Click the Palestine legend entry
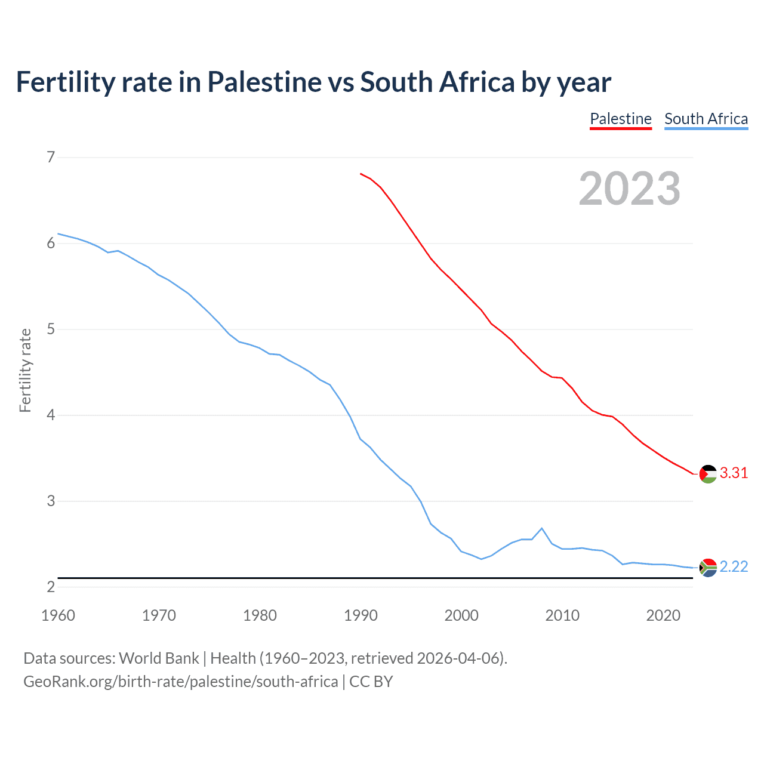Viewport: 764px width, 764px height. point(620,119)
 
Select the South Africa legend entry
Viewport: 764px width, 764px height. point(706,119)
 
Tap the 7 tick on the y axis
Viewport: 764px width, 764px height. point(51,158)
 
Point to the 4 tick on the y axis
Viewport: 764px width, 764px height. point(51,415)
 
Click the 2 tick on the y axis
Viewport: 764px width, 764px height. point(51,587)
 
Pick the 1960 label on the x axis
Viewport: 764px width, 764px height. point(58,615)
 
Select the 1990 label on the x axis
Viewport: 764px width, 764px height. point(361,615)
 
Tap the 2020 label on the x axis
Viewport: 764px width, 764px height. point(663,615)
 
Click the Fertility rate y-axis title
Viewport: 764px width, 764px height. point(25,370)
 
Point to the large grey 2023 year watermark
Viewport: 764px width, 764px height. point(629,189)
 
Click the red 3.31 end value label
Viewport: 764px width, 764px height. point(734,473)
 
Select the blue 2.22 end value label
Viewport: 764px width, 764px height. point(734,566)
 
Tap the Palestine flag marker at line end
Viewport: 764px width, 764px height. point(708,474)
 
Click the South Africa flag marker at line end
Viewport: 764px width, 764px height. point(708,568)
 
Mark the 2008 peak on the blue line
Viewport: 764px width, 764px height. point(541,528)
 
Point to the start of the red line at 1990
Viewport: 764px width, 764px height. point(361,174)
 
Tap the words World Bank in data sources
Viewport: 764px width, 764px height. point(159,658)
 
